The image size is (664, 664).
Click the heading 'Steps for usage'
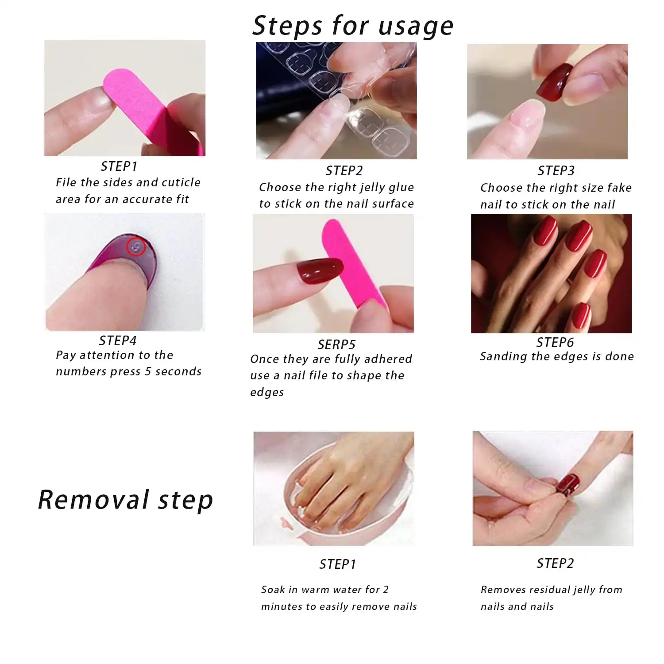click(x=353, y=26)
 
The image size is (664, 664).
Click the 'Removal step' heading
click(x=125, y=500)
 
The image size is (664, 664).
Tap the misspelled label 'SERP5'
click(x=336, y=344)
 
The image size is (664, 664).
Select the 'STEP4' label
click(x=118, y=340)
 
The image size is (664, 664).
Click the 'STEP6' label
click(x=555, y=342)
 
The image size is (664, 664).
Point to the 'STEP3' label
click(x=556, y=170)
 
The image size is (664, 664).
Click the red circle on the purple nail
click(x=136, y=247)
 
